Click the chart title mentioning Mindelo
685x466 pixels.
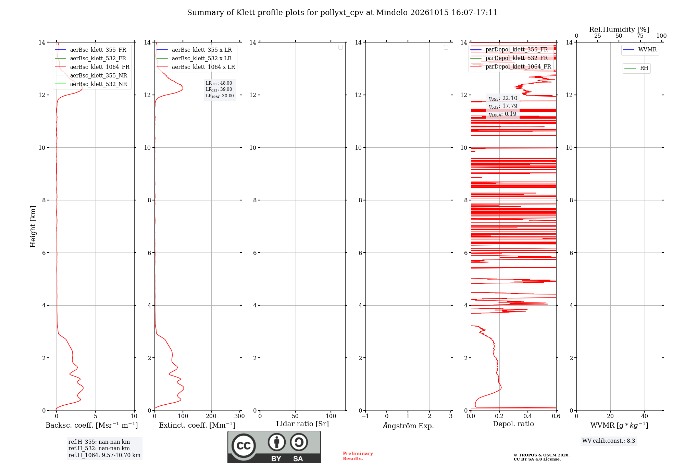coord(342,13)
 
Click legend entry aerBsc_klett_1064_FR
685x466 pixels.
coord(92,67)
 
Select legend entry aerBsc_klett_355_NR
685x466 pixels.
coord(91,75)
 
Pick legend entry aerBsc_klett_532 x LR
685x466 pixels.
coord(194,58)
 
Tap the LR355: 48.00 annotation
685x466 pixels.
coord(219,83)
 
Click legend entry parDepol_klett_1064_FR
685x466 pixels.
coord(511,66)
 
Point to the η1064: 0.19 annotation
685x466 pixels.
coord(502,114)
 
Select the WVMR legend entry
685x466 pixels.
coord(640,50)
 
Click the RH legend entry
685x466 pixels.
coord(636,68)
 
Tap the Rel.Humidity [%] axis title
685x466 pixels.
coord(619,29)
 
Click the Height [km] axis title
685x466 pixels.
coord(33,226)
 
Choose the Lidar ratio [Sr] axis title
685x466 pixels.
coord(302,424)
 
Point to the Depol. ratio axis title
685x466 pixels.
coord(513,424)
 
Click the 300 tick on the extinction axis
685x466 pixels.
coord(239,416)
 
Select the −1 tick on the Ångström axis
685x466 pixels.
coord(365,416)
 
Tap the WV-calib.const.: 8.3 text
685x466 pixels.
coord(609,441)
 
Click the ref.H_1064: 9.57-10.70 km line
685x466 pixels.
coord(104,455)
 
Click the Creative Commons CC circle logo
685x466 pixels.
coord(244,446)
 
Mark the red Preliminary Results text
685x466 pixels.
coord(358,456)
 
